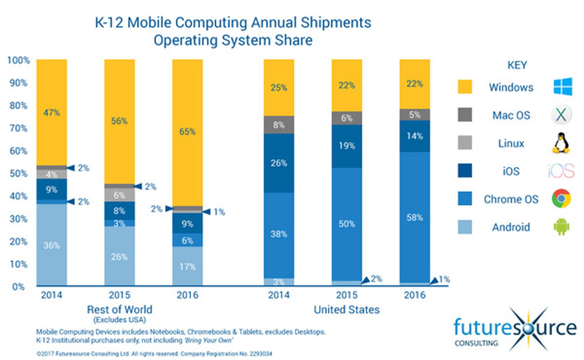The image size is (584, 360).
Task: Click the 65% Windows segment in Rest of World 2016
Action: [187, 132]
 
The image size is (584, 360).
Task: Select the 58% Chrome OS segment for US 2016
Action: [415, 218]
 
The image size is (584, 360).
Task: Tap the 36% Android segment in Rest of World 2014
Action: [51, 245]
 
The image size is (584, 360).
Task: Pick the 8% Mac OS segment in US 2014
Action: [279, 125]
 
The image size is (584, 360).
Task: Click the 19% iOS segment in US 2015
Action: [347, 146]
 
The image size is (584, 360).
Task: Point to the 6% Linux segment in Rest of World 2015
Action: [119, 195]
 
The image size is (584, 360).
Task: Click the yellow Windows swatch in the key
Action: [465, 87]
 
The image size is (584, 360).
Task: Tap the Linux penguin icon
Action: [561, 143]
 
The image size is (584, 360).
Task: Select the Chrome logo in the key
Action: [561, 198]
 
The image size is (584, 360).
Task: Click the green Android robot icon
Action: [561, 227]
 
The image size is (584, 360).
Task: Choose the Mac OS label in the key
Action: [511, 115]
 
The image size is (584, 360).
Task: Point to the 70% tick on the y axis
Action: [18, 128]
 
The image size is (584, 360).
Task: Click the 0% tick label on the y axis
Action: [18, 287]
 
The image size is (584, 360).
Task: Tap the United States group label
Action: [346, 310]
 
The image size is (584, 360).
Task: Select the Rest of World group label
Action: [119, 310]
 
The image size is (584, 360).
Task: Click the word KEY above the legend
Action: [517, 65]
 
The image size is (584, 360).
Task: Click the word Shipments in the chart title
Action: [336, 23]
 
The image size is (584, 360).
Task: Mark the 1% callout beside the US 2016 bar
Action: [444, 279]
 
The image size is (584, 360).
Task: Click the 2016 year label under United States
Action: [415, 295]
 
